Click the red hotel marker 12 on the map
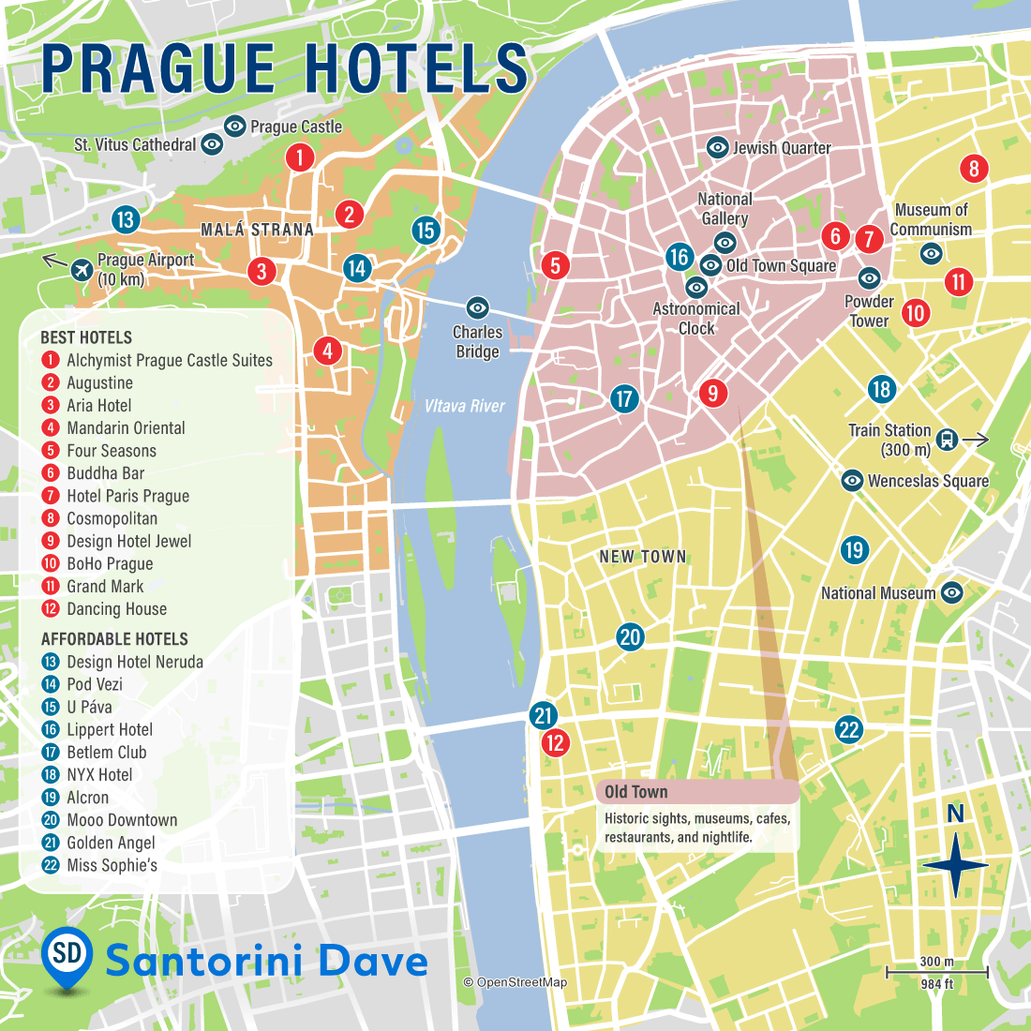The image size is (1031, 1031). click(556, 743)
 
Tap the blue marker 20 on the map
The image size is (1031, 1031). click(630, 637)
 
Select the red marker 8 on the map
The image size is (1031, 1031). click(974, 169)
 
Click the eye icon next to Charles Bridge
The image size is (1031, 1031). click(478, 307)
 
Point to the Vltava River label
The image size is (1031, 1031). click(464, 406)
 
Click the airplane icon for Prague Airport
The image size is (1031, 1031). click(82, 269)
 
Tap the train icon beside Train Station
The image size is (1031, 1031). click(948, 439)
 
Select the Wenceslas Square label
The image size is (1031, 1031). click(928, 481)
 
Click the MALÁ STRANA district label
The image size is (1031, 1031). click(257, 230)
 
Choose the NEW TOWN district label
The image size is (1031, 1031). click(643, 557)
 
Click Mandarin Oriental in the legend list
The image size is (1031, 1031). click(126, 428)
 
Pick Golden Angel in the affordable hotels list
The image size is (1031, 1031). click(111, 843)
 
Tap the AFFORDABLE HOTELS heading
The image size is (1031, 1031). click(114, 639)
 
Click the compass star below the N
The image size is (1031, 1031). click(955, 865)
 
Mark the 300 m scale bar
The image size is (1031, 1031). click(936, 972)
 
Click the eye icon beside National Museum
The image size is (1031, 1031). click(952, 592)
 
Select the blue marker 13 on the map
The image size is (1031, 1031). click(125, 219)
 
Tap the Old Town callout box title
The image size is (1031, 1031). click(635, 792)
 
